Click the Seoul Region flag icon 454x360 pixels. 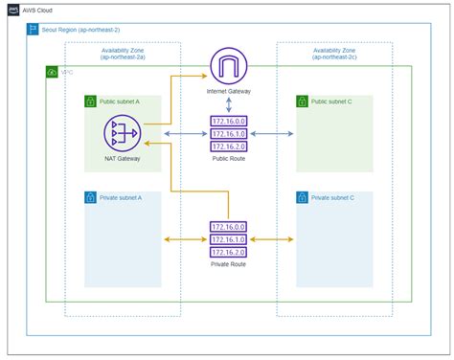(34, 30)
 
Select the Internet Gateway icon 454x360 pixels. (228, 67)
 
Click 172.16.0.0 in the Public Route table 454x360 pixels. (228, 122)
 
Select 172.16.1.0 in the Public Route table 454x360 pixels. (228, 135)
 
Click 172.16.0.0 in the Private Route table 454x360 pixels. (228, 226)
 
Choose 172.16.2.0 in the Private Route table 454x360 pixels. (228, 253)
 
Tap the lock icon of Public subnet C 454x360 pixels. (305, 100)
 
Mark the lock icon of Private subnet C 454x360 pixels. (305, 197)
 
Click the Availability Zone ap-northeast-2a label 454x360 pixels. (124, 55)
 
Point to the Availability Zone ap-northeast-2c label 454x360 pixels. (333, 55)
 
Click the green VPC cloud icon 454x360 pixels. (52, 72)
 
